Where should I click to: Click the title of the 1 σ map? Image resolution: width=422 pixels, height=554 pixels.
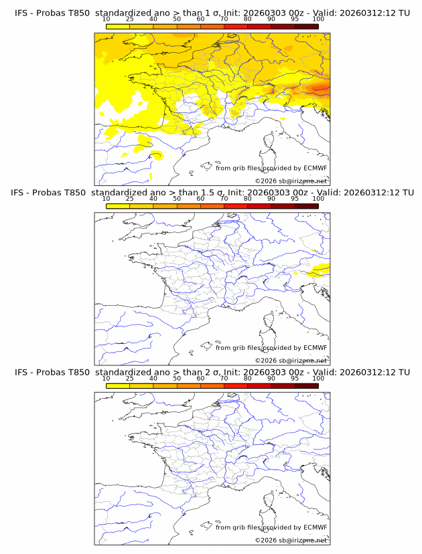click(212, 13)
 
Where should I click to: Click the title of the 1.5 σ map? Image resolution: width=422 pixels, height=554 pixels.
click(212, 192)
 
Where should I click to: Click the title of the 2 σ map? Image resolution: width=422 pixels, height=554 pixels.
click(212, 372)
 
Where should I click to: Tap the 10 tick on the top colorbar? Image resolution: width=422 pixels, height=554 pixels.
click(107, 19)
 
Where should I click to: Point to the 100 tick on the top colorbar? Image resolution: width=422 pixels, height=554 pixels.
click(318, 19)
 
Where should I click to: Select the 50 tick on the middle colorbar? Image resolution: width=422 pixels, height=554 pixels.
click(177, 199)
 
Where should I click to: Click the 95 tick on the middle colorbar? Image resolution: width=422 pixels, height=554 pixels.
click(295, 199)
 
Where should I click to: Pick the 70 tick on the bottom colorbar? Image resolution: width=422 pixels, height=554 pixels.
click(224, 378)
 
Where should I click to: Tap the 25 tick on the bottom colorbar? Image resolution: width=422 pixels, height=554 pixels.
click(130, 378)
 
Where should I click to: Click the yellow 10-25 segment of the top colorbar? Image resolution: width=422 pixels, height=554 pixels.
click(118, 26)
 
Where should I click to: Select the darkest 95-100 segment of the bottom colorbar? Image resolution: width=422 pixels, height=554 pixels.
click(306, 385)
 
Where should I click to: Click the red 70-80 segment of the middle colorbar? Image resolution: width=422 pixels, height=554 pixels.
click(236, 206)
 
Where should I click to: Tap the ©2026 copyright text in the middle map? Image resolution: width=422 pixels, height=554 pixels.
click(291, 361)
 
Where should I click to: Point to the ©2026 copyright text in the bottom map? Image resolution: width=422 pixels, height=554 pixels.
click(291, 540)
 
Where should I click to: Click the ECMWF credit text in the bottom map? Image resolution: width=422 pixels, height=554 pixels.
click(271, 527)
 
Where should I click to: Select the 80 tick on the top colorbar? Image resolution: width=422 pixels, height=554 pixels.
click(248, 19)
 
